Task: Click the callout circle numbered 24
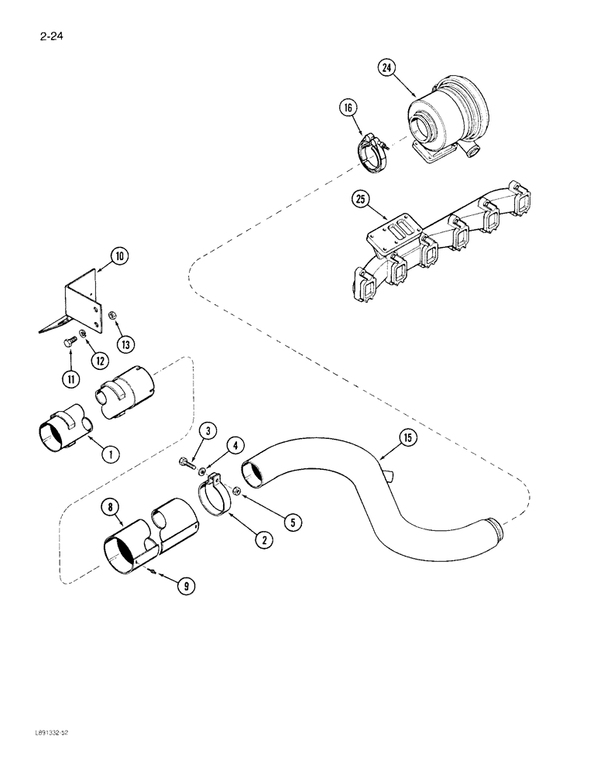387,68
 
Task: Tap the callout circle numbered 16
348,108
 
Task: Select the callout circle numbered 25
360,199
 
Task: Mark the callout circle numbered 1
110,454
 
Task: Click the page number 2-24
46,34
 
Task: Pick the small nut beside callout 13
112,316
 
